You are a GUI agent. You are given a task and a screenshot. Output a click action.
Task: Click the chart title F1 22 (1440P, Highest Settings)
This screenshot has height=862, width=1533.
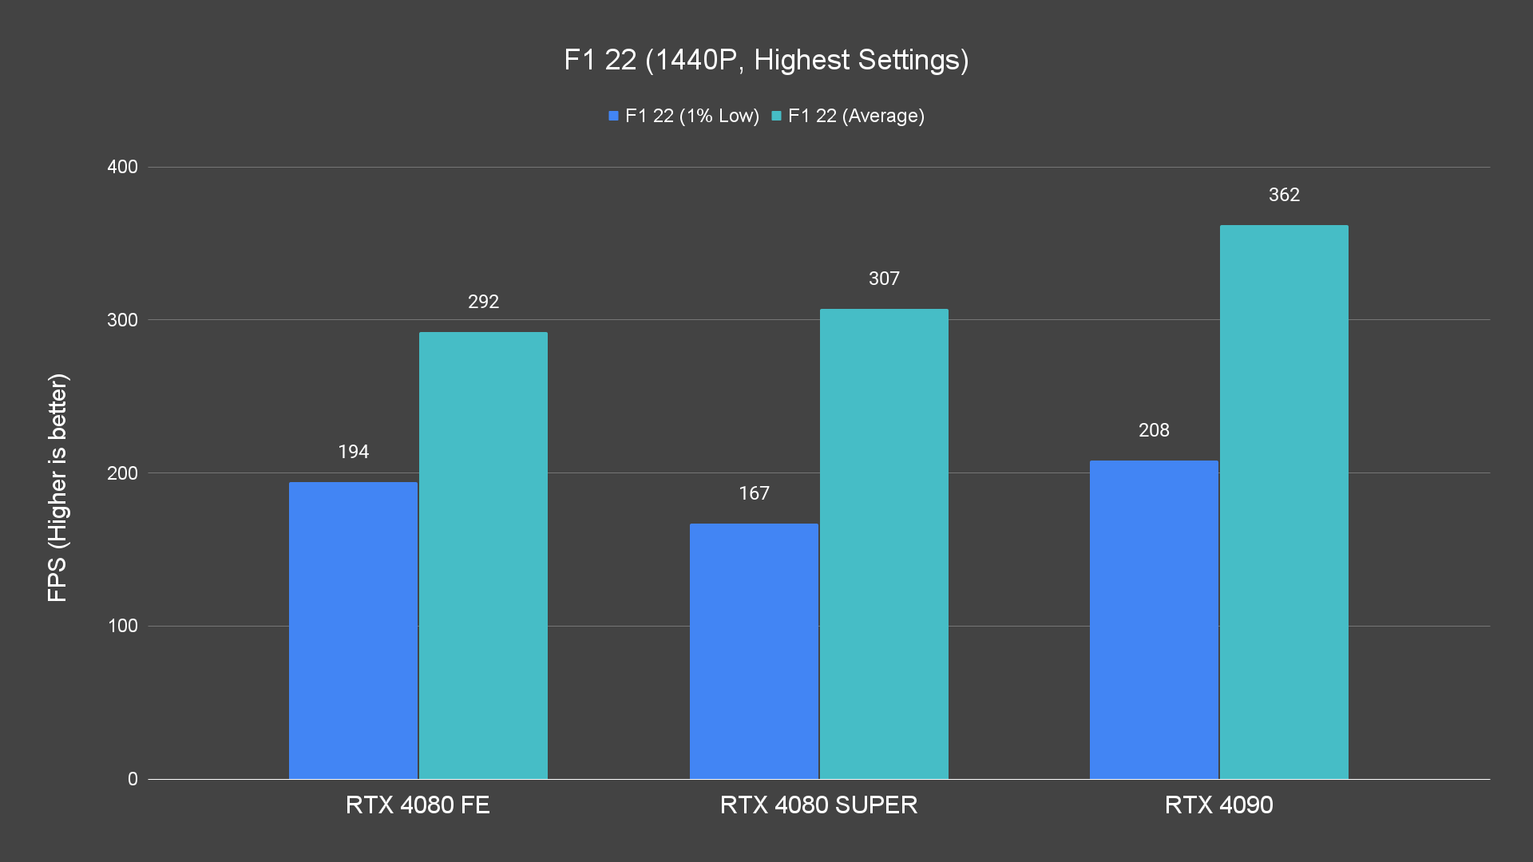tap(766, 60)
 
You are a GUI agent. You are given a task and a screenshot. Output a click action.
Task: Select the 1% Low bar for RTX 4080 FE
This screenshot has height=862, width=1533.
tap(353, 630)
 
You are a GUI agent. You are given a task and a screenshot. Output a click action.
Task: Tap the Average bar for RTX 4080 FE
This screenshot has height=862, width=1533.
tap(483, 555)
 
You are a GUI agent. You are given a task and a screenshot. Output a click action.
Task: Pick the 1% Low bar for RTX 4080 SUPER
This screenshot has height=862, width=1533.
tap(754, 650)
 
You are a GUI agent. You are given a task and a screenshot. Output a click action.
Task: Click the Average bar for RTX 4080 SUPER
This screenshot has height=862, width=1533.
tap(884, 544)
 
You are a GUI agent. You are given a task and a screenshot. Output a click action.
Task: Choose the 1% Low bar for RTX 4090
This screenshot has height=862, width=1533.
tap(1154, 619)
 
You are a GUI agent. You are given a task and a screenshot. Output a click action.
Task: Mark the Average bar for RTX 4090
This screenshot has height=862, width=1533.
tap(1284, 501)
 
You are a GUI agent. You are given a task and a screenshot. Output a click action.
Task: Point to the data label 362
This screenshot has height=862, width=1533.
tap(1284, 195)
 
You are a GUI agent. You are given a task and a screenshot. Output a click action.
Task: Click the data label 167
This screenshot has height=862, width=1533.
tap(754, 493)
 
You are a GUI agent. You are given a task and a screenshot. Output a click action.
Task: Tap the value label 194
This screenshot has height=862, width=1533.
tap(353, 452)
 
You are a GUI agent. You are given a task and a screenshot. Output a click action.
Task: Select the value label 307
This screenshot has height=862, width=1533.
tap(884, 279)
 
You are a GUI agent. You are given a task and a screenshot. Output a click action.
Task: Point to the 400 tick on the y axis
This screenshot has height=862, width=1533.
tap(122, 167)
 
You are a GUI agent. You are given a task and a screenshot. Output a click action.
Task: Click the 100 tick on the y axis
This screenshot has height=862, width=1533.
tap(122, 626)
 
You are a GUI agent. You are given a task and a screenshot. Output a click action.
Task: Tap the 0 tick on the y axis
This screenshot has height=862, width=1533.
tap(133, 779)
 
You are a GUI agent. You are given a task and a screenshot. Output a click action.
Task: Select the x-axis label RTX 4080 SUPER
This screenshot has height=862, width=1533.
tap(818, 805)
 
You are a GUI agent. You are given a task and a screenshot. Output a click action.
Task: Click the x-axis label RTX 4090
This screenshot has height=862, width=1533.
tap(1218, 805)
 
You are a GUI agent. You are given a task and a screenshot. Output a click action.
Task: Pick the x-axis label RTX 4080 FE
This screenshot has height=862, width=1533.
tap(418, 805)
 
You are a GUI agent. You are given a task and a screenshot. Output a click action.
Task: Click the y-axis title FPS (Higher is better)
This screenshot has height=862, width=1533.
tap(57, 487)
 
